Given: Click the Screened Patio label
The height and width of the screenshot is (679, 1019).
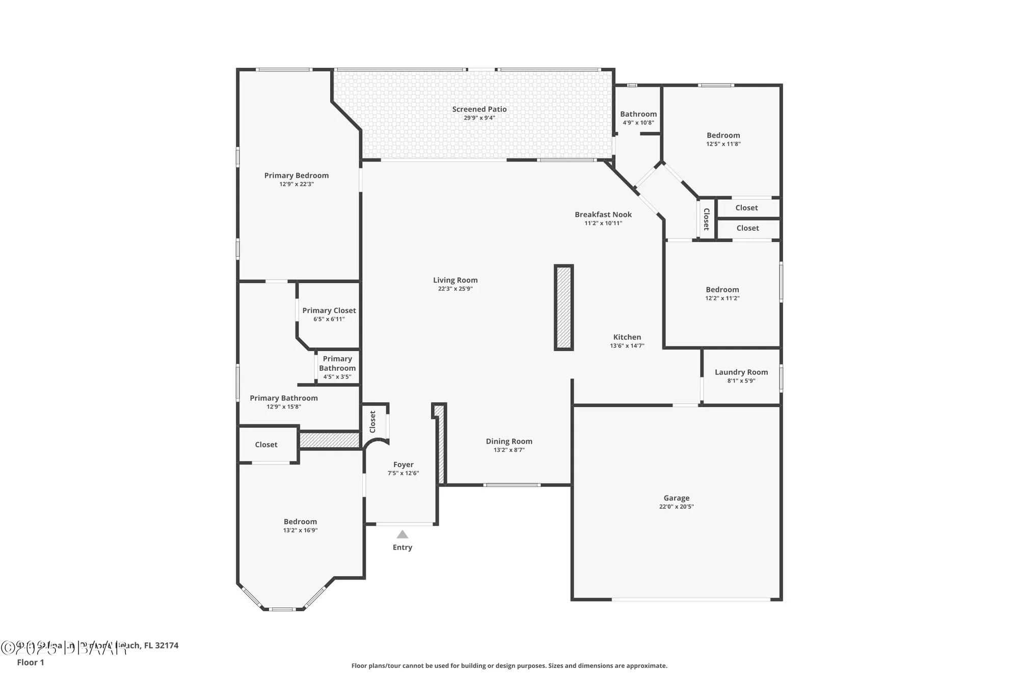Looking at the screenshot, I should point(479,109).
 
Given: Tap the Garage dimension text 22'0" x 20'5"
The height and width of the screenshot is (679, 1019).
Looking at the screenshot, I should point(676,506).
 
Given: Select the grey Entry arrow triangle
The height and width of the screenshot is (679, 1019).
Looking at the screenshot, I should point(403,534).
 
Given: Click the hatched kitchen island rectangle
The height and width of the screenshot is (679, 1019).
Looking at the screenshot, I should point(564,307).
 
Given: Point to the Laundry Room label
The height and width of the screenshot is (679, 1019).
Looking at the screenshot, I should point(741,372).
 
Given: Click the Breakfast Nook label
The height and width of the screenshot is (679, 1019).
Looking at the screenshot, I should point(603,214).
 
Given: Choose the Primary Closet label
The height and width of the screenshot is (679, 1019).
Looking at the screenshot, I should point(329,310).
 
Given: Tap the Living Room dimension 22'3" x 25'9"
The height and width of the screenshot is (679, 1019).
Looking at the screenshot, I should point(455,289).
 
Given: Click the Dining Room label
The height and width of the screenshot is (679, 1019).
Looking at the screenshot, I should point(508,441).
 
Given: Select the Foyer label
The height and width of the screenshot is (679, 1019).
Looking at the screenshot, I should point(403,465).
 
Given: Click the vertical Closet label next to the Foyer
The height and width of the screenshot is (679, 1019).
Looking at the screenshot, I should point(372,422).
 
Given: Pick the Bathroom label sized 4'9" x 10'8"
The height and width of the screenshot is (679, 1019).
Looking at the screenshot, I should point(638,114).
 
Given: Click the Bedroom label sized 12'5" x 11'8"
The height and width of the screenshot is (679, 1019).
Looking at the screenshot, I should point(723,135).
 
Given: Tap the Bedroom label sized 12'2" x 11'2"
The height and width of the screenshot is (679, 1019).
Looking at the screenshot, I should point(722,289).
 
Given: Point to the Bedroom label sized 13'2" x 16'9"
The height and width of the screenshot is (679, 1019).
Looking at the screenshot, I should point(300,522).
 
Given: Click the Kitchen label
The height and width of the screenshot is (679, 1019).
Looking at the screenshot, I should point(627,337).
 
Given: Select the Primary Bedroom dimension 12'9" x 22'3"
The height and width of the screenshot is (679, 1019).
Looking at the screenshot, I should point(296,184).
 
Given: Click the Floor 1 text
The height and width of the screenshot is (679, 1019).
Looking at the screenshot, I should point(31,662).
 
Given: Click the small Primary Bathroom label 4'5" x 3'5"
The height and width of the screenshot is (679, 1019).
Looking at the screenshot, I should point(337,367).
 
